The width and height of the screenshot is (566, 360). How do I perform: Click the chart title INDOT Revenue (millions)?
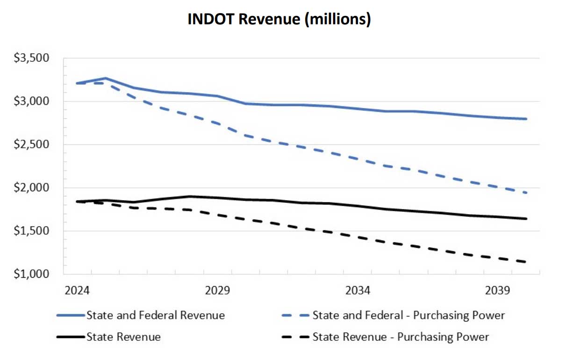(279, 19)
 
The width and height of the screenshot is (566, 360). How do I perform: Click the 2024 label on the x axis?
(77, 290)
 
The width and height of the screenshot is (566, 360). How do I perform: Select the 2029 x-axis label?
(217, 290)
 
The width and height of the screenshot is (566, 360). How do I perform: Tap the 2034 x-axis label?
(358, 290)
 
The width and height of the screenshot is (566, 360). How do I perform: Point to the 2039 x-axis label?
(498, 290)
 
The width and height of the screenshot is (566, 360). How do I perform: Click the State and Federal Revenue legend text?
(155, 315)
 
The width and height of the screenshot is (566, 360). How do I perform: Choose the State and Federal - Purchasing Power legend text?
(408, 315)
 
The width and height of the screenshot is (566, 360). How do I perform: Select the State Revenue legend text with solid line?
(123, 337)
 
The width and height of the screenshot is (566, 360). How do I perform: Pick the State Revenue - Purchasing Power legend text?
(401, 337)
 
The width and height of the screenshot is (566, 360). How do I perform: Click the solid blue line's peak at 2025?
(106, 78)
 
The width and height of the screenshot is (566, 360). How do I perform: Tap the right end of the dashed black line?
(526, 262)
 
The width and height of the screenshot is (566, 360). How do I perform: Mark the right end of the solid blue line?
(526, 119)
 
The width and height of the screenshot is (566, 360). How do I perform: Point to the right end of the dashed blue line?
(526, 193)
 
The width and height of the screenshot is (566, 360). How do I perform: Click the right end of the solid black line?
(526, 218)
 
